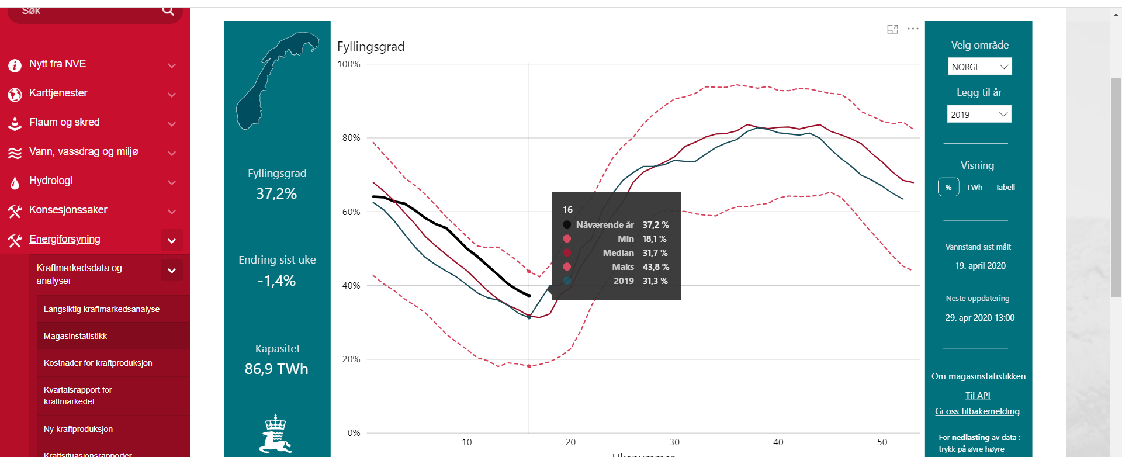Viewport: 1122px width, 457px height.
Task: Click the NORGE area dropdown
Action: tap(979, 67)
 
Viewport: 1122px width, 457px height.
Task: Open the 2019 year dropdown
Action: tap(979, 114)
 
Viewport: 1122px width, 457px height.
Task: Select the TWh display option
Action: tap(974, 187)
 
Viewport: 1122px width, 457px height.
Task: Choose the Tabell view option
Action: tap(1005, 187)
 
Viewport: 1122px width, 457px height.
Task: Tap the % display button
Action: tap(948, 187)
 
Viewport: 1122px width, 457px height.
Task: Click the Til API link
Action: tap(978, 395)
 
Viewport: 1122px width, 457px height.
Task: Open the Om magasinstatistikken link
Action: tap(978, 376)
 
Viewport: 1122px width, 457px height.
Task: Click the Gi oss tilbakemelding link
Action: tap(977, 411)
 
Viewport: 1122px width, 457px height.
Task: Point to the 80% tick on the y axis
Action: tap(351, 138)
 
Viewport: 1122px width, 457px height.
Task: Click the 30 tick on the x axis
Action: tap(674, 442)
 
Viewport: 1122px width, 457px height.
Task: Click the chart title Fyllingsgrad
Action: tap(371, 47)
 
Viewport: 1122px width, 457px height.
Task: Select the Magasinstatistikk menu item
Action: tap(75, 336)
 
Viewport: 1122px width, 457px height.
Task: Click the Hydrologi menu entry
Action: tap(51, 181)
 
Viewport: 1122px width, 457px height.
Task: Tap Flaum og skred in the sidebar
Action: tap(64, 122)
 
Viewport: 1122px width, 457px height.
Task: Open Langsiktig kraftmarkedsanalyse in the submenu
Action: tap(102, 309)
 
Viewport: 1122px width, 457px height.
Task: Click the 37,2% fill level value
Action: tap(276, 194)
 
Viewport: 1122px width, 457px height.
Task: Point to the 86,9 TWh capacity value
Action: tap(276, 369)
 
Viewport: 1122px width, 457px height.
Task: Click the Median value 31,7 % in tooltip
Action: tap(655, 253)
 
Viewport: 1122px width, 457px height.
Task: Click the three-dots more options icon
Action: tap(913, 29)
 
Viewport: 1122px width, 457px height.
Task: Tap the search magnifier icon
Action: tap(168, 11)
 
